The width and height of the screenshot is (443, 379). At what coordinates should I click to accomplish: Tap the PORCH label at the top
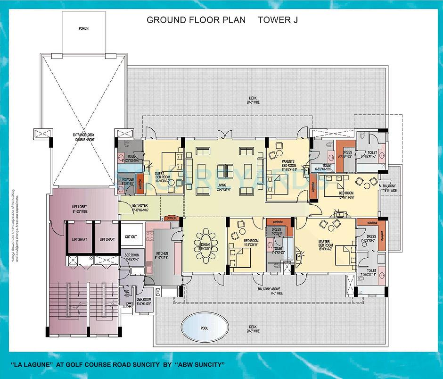pyautogui.click(x=83, y=28)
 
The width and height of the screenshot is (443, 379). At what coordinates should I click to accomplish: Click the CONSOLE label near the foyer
pyautogui.click(x=172, y=218)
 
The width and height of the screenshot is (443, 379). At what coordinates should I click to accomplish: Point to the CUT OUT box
pyautogui.click(x=131, y=236)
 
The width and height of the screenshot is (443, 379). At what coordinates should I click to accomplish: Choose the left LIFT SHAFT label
pyautogui.click(x=79, y=239)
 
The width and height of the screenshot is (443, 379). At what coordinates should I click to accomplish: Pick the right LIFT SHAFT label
pyautogui.click(x=107, y=239)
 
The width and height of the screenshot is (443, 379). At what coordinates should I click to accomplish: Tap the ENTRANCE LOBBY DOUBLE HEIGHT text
pyautogui.click(x=83, y=137)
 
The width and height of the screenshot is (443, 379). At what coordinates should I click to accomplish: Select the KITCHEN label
pyautogui.click(x=162, y=255)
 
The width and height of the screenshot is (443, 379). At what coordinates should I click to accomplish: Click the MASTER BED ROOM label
pyautogui.click(x=325, y=245)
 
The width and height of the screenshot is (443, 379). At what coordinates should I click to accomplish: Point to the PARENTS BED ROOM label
pyautogui.click(x=288, y=164)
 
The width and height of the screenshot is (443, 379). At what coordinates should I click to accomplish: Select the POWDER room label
pyautogui.click(x=128, y=180)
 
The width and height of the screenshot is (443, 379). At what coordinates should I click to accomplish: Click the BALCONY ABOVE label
pyautogui.click(x=270, y=290)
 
